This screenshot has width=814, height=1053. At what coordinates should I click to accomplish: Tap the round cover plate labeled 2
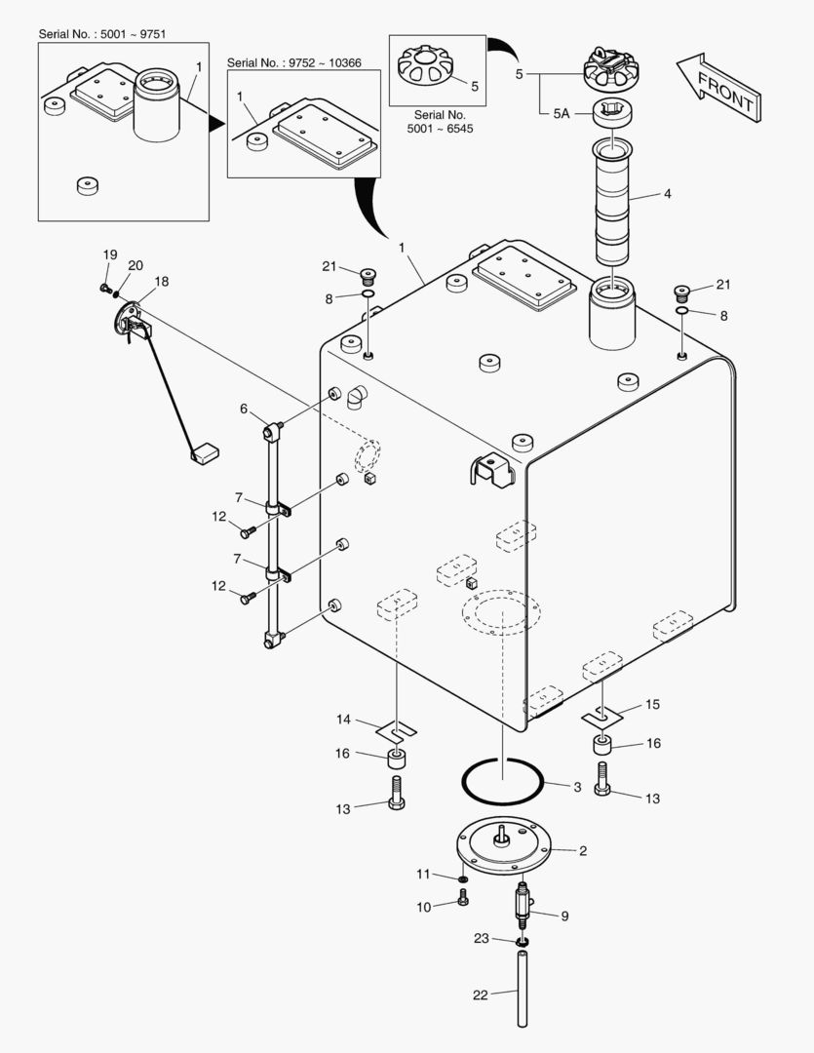point(503,843)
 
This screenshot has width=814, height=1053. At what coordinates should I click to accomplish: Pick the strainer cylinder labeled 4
point(612,201)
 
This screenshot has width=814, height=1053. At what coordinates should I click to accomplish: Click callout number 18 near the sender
point(161,281)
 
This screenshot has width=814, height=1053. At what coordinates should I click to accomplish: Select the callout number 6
point(244,409)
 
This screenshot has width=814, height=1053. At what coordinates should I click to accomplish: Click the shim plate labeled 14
point(396,728)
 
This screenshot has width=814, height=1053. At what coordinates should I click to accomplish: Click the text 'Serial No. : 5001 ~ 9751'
point(102,34)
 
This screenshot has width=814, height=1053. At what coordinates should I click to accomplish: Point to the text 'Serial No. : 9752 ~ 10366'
point(293,62)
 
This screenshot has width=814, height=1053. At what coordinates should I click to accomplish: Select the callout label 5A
point(561,113)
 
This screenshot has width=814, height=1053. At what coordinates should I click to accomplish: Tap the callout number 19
point(109,254)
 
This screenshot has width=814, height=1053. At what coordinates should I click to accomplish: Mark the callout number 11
point(424,873)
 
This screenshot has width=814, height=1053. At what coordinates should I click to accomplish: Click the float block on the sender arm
point(206,451)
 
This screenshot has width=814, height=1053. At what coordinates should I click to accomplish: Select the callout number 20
point(135,265)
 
